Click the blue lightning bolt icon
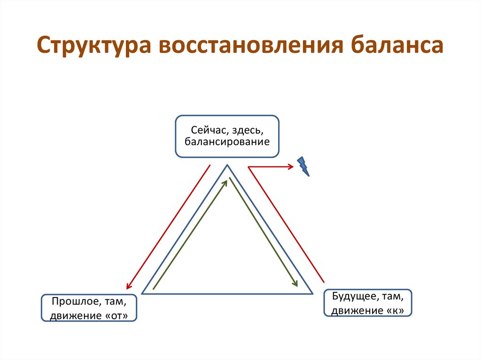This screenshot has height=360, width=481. point(303,166)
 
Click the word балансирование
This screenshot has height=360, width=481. point(227,141)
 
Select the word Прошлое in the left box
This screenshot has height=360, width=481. point(72,300)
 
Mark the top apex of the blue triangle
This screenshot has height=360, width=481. point(227,165)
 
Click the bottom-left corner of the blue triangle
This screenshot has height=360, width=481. point(142,293)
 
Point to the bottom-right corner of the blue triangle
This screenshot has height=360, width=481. point(312,293)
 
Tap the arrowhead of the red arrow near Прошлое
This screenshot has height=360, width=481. point(127,286)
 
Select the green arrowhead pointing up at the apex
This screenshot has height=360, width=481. point(229,180)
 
